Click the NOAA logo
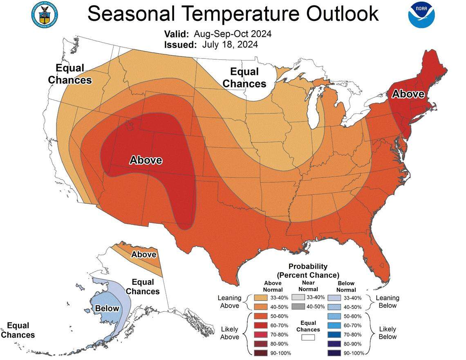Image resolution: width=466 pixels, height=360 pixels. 421,15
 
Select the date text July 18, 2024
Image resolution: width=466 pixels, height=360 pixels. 230,45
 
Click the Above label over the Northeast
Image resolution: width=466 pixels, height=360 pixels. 408,94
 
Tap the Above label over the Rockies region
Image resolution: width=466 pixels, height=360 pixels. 146,160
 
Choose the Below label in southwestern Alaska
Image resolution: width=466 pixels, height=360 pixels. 107,308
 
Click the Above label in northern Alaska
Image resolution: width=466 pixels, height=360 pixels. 143,254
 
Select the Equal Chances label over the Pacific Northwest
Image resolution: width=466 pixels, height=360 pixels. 69,74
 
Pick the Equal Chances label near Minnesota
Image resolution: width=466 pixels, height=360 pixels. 244,78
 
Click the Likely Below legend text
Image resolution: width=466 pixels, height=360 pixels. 387,333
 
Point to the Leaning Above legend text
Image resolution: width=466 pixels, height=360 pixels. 230,302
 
